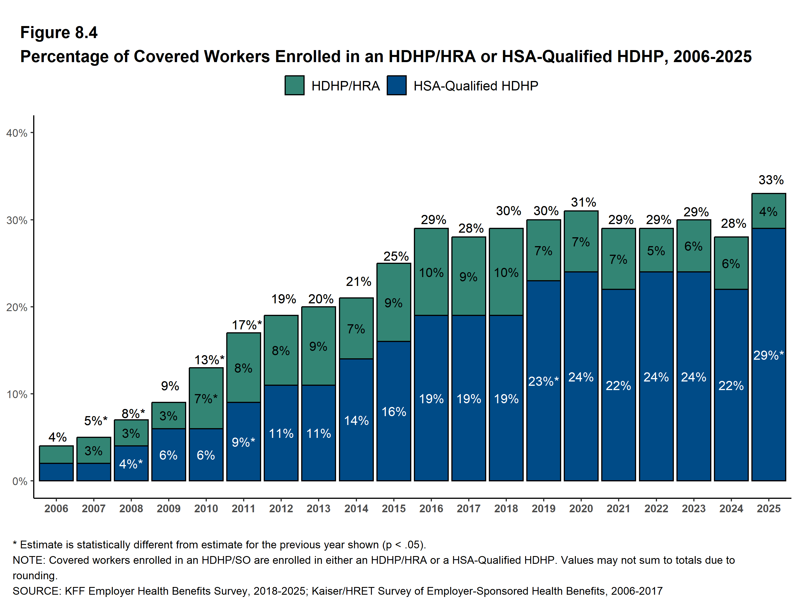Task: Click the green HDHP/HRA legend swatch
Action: (x=294, y=86)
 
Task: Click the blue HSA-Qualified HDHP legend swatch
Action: (x=396, y=86)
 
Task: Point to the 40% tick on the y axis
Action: (x=17, y=133)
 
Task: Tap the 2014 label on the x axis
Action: (x=356, y=509)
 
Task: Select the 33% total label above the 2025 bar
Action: (x=771, y=180)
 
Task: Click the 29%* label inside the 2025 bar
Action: (x=769, y=355)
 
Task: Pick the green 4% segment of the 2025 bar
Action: (x=769, y=211)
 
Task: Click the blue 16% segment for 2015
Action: (x=394, y=411)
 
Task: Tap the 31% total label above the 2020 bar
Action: (x=583, y=202)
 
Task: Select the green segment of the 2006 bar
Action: (x=56, y=454)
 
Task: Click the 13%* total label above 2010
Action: (x=209, y=359)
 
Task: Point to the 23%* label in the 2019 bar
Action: (x=543, y=381)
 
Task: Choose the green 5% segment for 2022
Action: (x=656, y=250)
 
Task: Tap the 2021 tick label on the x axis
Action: (x=618, y=509)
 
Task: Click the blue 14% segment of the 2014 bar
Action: (x=356, y=420)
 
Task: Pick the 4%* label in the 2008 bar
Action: (x=131, y=464)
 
